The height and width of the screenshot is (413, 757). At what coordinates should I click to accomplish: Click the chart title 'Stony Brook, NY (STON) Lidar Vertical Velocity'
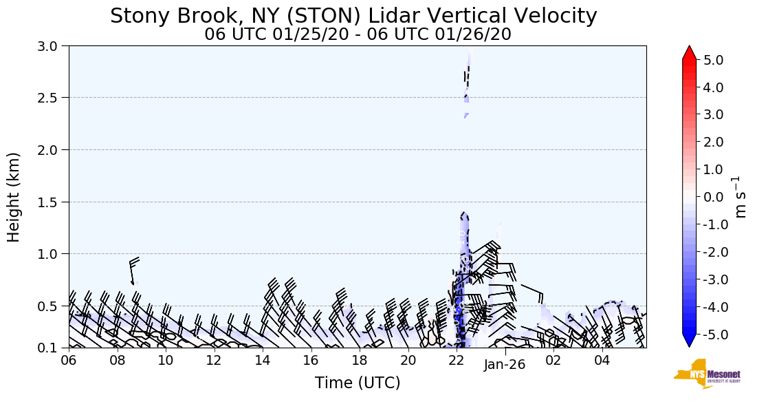click(x=353, y=16)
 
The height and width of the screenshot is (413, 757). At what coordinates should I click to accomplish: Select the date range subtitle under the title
click(x=358, y=34)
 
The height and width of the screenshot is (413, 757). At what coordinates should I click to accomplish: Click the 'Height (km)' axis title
click(x=14, y=197)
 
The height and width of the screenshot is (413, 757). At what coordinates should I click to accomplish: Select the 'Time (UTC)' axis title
click(x=358, y=383)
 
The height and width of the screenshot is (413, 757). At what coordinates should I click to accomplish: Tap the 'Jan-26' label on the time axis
click(x=505, y=365)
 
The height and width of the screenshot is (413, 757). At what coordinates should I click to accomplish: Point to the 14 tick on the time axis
click(x=263, y=361)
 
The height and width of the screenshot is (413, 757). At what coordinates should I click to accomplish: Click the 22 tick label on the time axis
click(x=457, y=361)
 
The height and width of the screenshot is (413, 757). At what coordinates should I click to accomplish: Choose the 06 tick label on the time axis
click(x=69, y=361)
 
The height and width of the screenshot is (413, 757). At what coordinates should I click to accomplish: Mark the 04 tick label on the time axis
click(x=602, y=361)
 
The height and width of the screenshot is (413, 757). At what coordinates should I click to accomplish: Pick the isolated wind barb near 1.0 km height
click(x=133, y=269)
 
